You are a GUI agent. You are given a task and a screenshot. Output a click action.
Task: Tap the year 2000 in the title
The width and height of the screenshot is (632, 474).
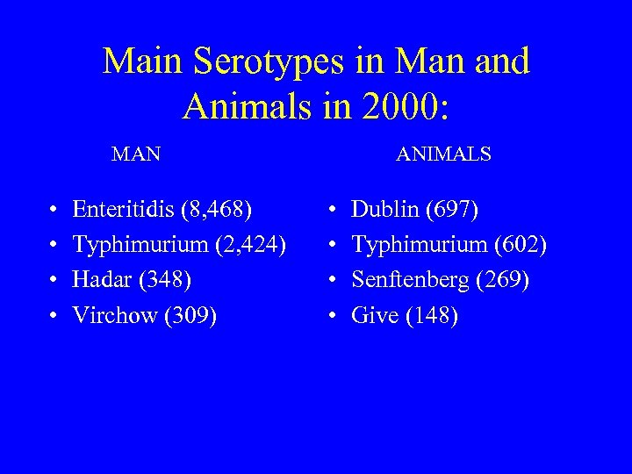point(405,105)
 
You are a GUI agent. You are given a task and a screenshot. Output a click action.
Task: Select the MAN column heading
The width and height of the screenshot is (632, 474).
point(136,154)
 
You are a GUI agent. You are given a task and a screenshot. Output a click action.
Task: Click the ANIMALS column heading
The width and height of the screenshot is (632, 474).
point(443,154)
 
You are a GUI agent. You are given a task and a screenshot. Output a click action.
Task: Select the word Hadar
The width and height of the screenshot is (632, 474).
point(100,280)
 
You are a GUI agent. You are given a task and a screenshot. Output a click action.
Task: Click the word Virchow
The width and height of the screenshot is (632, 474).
point(115,315)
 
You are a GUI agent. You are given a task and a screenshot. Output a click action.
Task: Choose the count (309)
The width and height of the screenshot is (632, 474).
point(190,315)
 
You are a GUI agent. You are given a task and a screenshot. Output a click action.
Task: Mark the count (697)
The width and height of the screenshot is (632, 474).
point(451,209)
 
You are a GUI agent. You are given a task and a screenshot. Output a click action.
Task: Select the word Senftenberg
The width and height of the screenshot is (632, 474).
point(408,280)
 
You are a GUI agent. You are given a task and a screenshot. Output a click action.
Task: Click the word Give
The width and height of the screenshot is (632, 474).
point(375,315)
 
